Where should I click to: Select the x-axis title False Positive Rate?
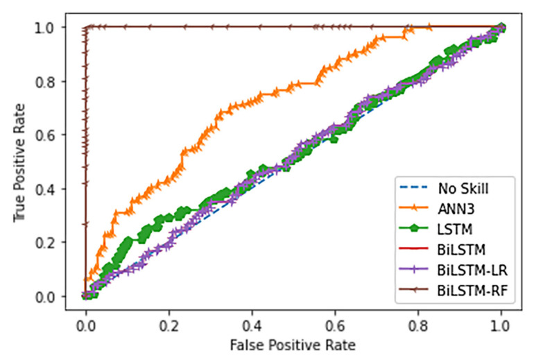tap(293, 343)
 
